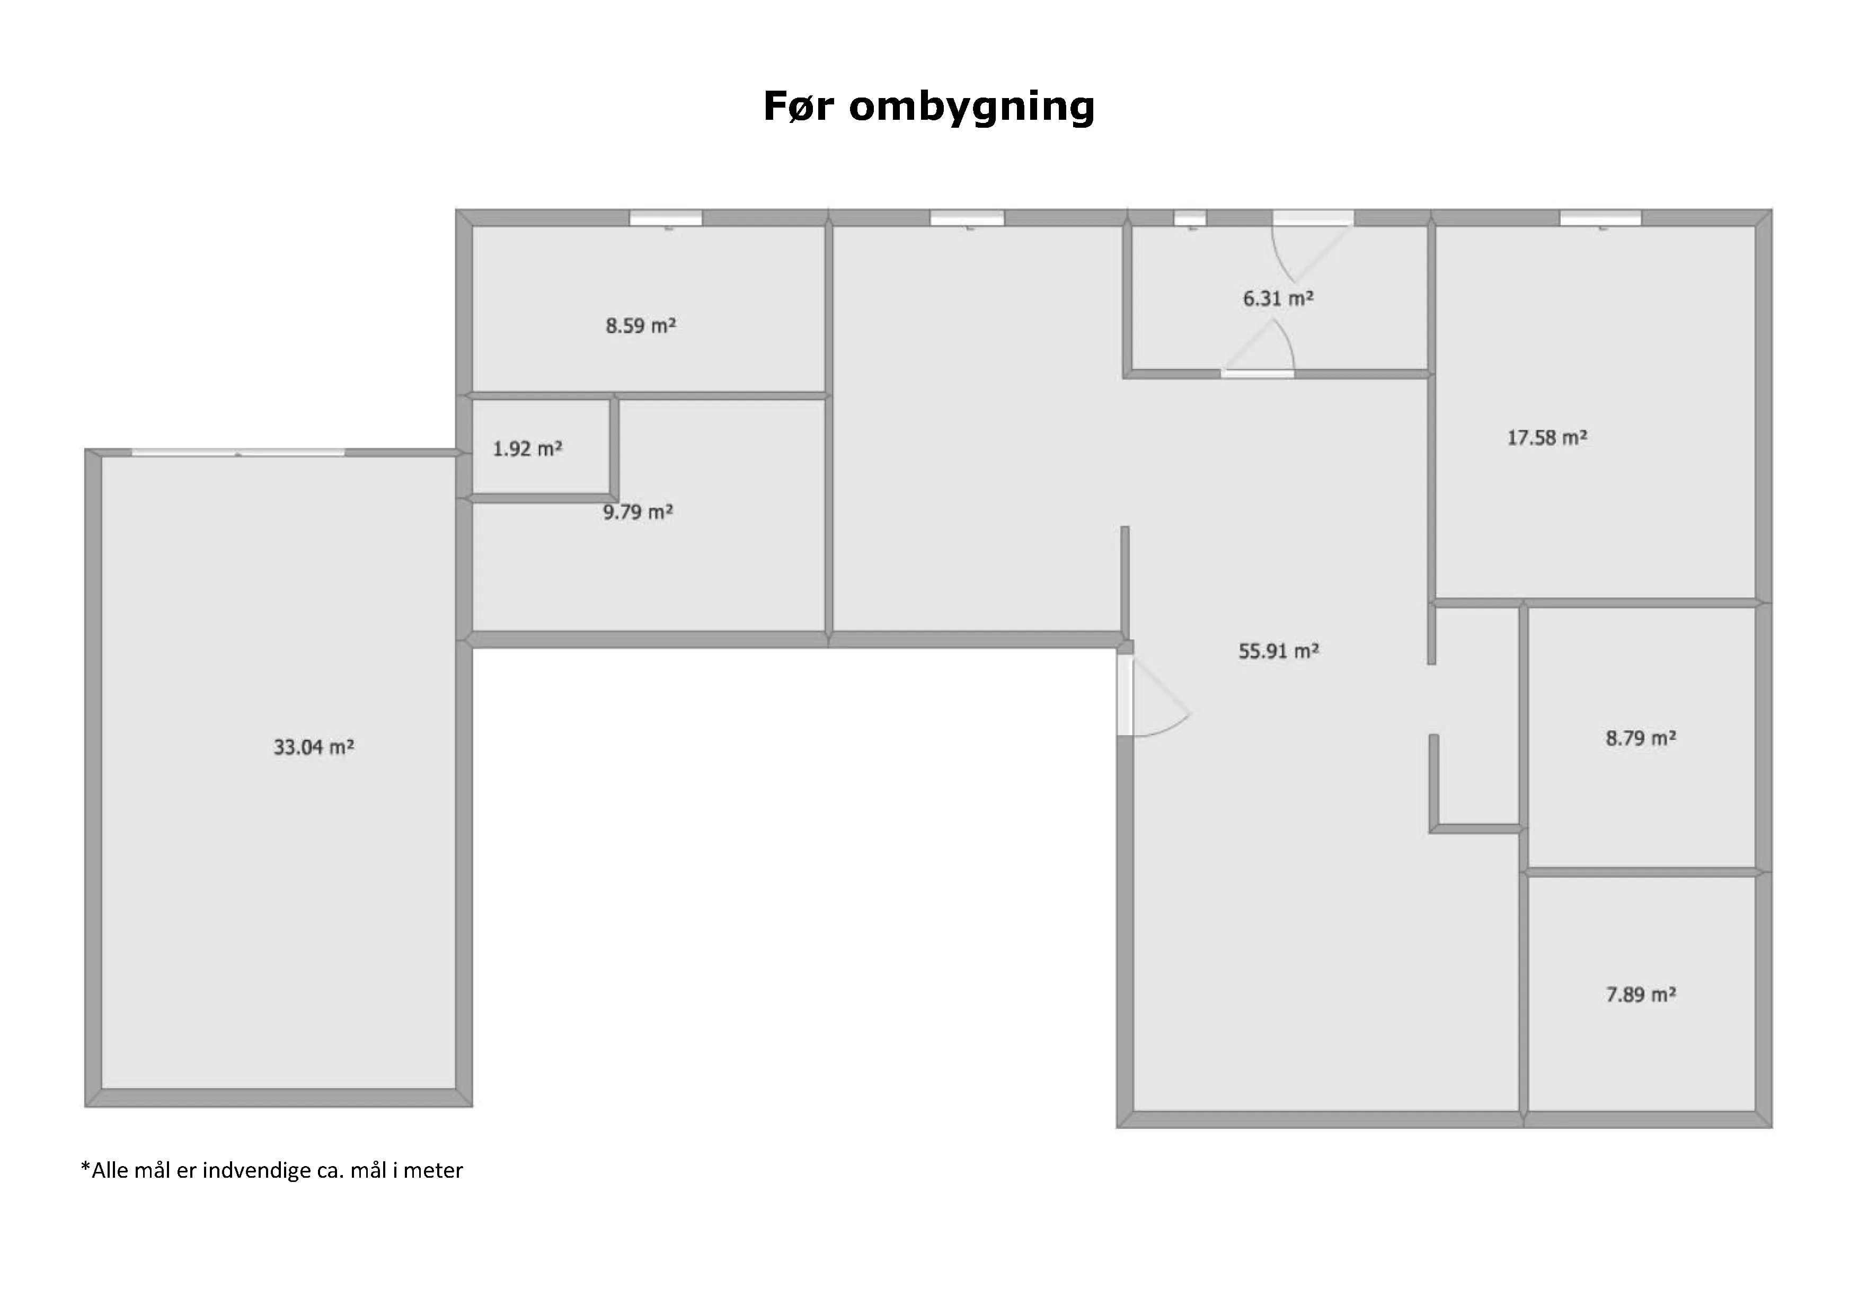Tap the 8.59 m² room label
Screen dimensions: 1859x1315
coord(641,325)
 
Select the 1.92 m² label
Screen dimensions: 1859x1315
coord(527,448)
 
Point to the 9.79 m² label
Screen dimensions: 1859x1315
coord(638,512)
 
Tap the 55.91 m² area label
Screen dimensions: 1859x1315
coord(1279,651)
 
